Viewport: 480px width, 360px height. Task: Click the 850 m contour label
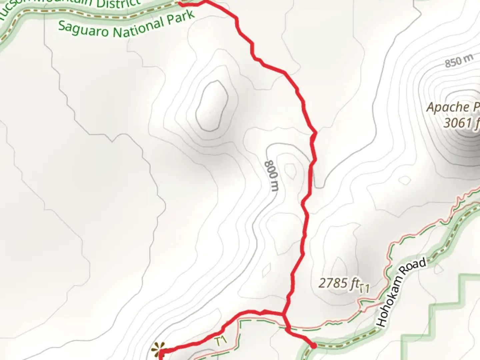(459, 61)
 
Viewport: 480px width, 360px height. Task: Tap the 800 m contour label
(271, 176)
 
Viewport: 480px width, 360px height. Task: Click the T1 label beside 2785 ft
(365, 288)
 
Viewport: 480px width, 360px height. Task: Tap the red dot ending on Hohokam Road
(314, 346)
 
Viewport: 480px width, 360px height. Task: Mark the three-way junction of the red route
(283, 314)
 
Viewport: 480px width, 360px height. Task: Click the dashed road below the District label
(83, 14)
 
